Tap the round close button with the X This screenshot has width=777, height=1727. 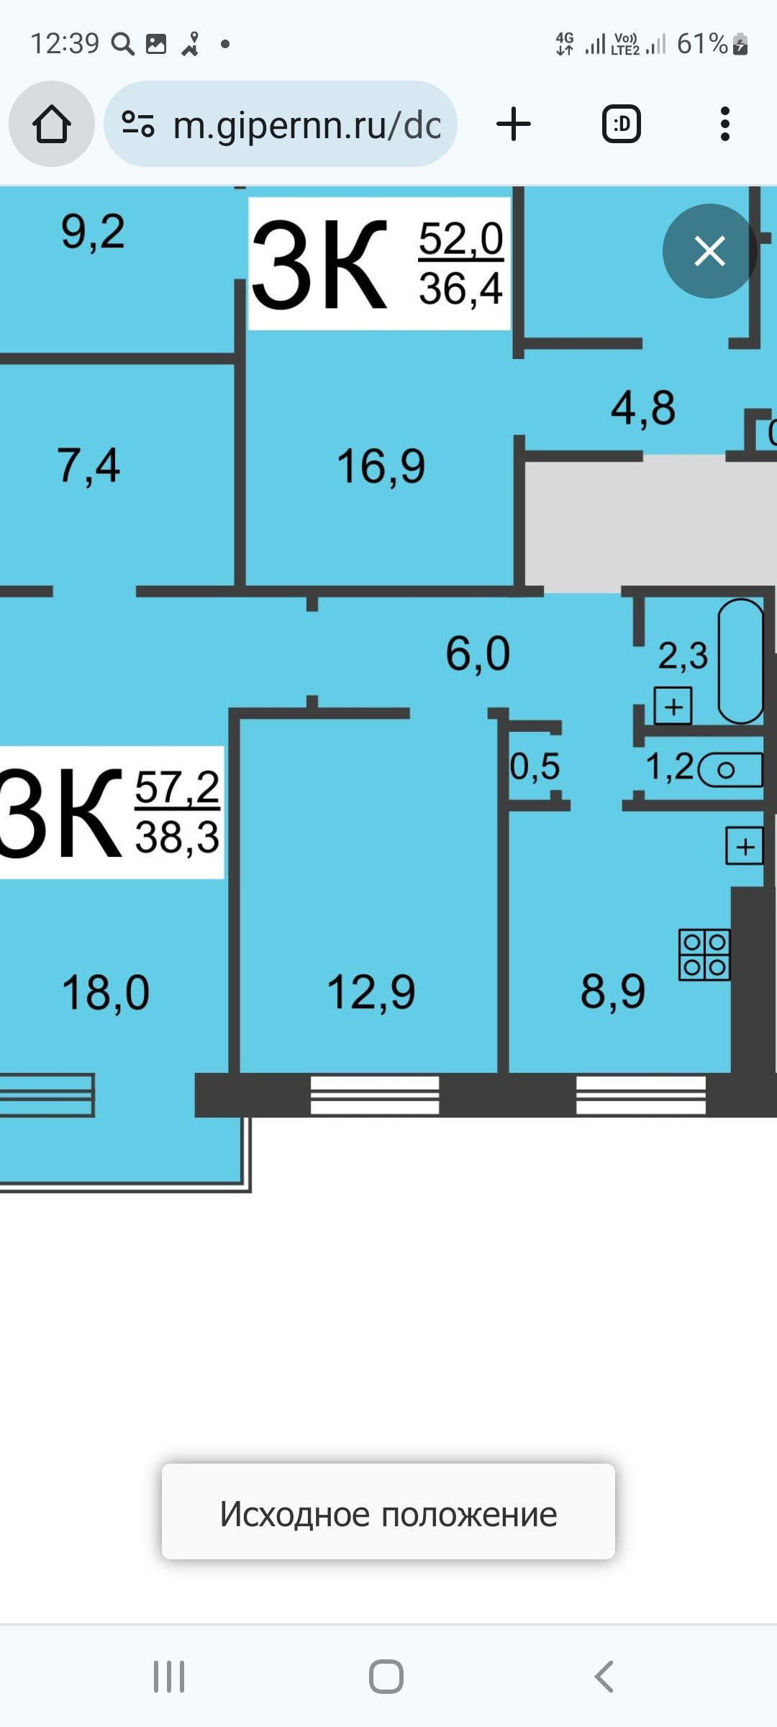click(709, 251)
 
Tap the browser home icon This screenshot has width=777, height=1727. click(52, 124)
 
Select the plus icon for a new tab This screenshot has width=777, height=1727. click(514, 124)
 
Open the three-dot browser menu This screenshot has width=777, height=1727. click(724, 124)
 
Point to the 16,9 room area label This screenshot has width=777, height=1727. click(381, 466)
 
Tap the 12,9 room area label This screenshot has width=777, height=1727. click(371, 992)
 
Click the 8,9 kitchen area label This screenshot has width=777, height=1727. click(613, 991)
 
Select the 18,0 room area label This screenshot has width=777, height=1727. click(106, 993)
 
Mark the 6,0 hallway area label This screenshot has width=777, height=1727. click(478, 654)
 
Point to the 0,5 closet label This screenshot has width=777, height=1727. click(535, 766)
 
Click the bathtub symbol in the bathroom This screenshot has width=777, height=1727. click(740, 661)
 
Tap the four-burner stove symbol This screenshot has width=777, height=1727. click(704, 955)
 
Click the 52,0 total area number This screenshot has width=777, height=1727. click(461, 239)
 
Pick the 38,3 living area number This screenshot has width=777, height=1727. click(177, 838)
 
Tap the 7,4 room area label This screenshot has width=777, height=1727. click(88, 466)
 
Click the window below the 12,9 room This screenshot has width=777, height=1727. click(374, 1095)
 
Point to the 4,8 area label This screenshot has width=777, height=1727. click(643, 408)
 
